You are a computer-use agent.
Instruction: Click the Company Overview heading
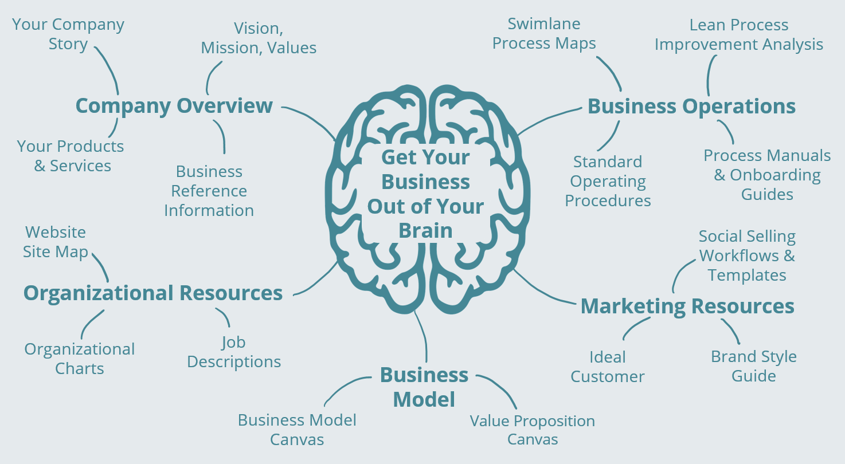(x=174, y=106)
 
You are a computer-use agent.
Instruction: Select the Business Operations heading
(x=691, y=107)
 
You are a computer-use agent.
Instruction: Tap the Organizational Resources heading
(x=152, y=293)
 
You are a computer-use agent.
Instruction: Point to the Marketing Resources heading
(x=687, y=306)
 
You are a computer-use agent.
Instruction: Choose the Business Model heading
(x=424, y=387)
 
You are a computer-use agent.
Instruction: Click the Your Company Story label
(x=68, y=34)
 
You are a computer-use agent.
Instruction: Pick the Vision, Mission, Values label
(x=259, y=38)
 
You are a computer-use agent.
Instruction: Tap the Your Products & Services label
(x=71, y=156)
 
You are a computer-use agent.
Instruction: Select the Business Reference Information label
(x=209, y=191)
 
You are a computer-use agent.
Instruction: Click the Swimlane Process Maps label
(x=544, y=33)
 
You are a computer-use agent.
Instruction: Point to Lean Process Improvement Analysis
(x=739, y=34)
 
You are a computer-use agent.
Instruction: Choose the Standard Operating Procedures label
(x=608, y=181)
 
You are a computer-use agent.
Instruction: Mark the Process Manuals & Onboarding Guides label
(x=767, y=175)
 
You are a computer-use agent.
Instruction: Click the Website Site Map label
(x=56, y=242)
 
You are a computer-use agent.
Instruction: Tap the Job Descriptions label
(x=234, y=352)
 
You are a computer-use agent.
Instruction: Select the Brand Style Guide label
(x=754, y=366)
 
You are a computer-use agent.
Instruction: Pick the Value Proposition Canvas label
(x=533, y=430)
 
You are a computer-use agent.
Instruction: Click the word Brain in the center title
(x=425, y=230)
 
